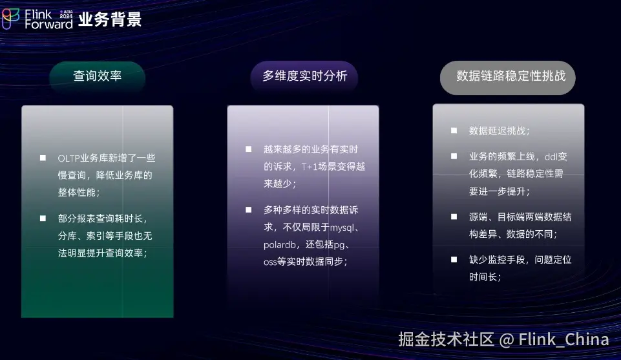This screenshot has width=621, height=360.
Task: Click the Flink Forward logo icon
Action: point(10,19)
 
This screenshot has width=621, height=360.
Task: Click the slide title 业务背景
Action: point(110,19)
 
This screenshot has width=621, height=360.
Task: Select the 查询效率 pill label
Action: point(98,76)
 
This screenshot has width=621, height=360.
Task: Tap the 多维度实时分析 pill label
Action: point(304,76)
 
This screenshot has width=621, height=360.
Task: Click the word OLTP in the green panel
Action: point(68,158)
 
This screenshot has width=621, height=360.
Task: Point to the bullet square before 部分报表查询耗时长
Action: point(43,218)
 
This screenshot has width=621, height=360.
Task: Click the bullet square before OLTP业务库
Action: point(43,158)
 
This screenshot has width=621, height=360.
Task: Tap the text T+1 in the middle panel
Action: point(310,167)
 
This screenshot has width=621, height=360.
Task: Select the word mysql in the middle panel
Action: point(342,228)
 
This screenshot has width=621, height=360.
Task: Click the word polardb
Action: point(279,245)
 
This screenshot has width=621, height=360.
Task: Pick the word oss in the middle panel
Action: point(270,262)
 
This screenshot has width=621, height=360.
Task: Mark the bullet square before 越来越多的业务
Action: point(248,149)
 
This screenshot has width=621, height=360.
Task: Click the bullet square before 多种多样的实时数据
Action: point(248,210)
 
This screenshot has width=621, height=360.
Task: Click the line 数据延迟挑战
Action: point(499,131)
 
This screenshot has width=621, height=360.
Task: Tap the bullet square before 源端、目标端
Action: point(454,217)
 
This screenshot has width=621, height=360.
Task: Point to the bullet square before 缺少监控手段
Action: point(454,259)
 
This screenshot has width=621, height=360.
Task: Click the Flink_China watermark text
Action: point(563,339)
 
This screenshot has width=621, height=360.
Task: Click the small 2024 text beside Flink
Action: point(66,16)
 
